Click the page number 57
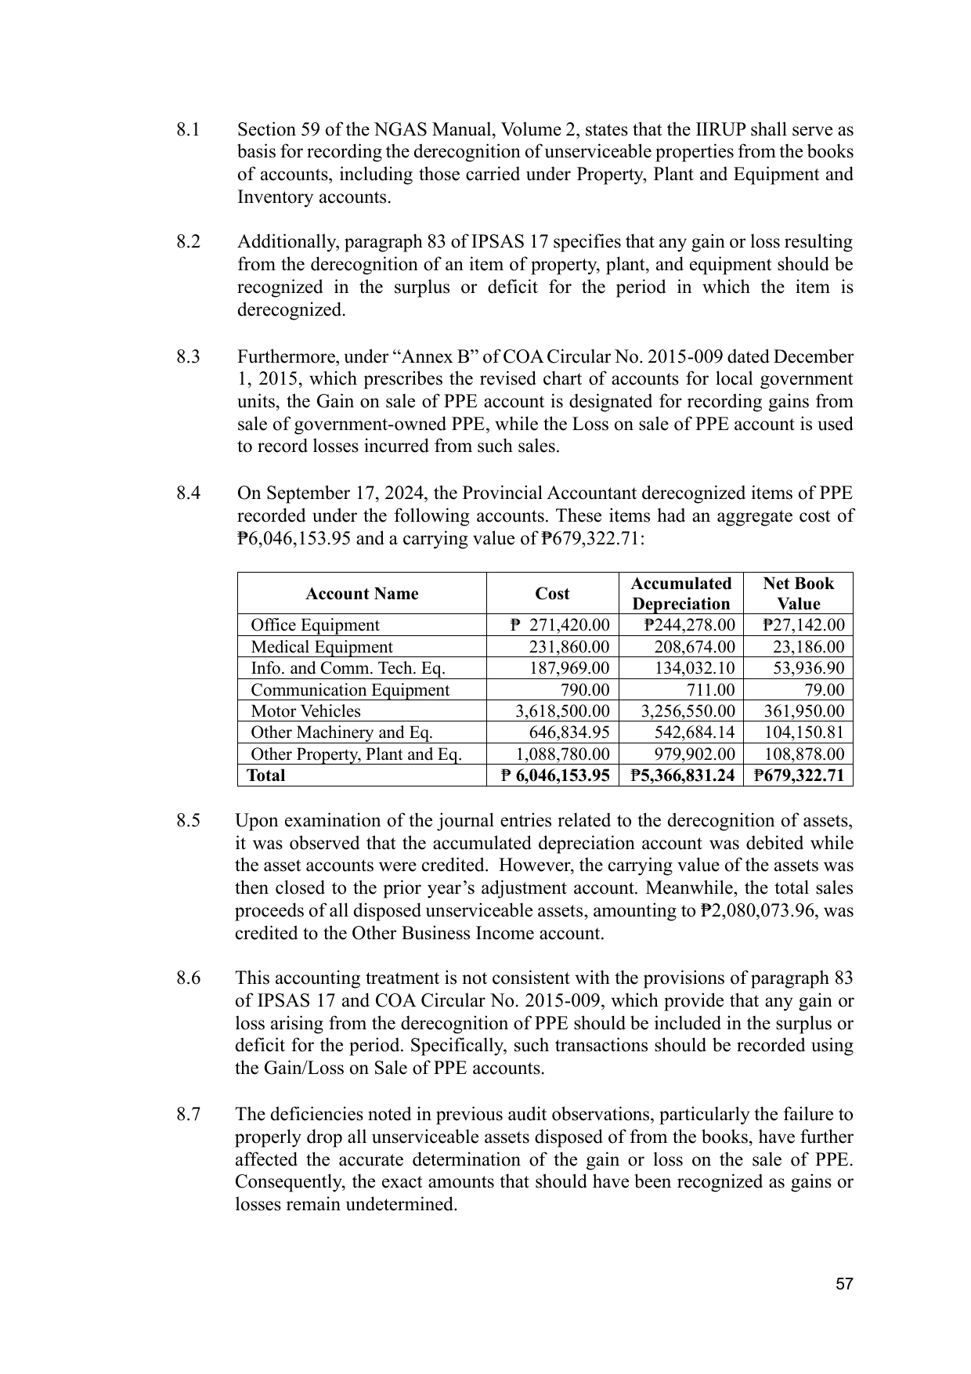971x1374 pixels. click(843, 1284)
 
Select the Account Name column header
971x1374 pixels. click(362, 594)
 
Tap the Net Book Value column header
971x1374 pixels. click(798, 594)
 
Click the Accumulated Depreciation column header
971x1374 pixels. click(680, 594)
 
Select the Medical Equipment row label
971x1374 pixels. click(321, 647)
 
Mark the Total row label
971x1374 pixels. click(266, 776)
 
